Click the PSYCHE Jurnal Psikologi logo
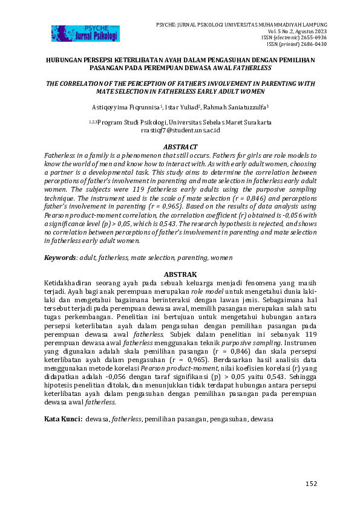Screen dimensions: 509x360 [85, 34]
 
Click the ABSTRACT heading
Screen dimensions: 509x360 [181, 147]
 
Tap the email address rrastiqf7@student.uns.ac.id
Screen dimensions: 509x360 [180, 130]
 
